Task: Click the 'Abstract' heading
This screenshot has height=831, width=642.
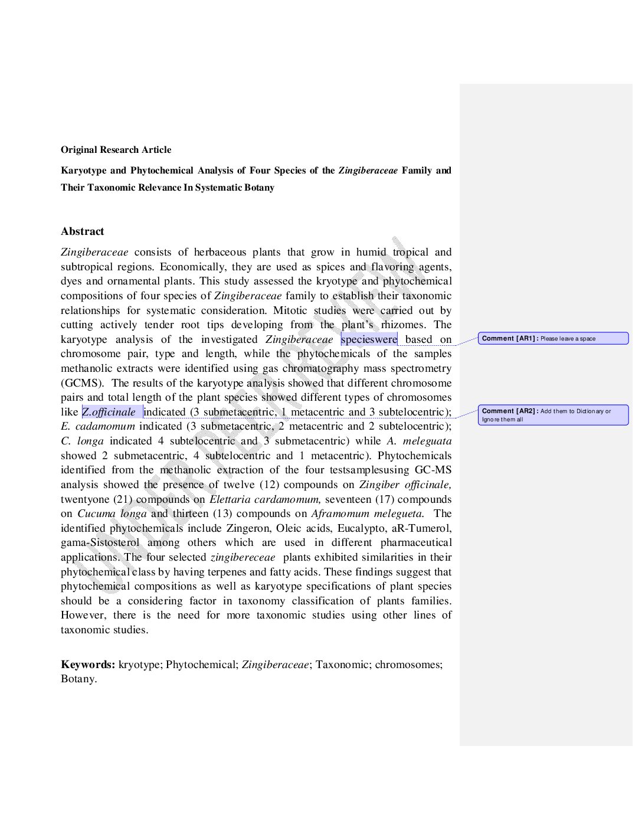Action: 82,231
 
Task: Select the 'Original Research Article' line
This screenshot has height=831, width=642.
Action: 116,150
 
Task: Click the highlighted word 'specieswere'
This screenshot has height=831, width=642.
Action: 369,339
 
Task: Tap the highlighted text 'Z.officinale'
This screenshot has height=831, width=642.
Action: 109,412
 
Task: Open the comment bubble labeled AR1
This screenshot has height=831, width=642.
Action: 552,338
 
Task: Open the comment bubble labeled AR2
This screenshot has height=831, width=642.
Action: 552,415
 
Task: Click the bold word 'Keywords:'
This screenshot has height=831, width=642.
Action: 88,665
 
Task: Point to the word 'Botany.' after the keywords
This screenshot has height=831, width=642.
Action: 78,679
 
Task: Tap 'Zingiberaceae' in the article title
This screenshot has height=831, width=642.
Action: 368,171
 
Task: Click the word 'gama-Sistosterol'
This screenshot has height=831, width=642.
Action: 100,542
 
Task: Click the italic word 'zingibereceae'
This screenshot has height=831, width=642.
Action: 243,557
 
